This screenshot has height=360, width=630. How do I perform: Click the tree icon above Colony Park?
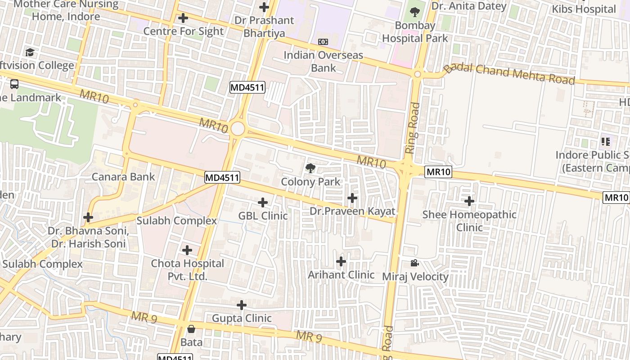click(310, 169)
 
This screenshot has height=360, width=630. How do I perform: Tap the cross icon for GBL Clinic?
click(263, 202)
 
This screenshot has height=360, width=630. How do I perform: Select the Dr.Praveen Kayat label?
click(352, 211)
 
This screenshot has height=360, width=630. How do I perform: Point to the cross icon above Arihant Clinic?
click(341, 261)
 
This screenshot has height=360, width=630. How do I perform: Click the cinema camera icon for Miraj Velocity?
click(414, 263)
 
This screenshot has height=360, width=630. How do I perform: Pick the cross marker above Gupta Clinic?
click(242, 305)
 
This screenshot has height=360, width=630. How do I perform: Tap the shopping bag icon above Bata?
click(191, 329)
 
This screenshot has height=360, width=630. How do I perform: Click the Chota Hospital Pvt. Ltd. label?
click(187, 270)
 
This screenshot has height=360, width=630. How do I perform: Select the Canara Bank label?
click(123, 177)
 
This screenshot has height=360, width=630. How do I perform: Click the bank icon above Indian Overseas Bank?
click(323, 42)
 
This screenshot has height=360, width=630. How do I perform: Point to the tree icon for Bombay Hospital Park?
click(415, 12)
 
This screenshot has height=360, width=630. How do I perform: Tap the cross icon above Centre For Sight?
click(183, 18)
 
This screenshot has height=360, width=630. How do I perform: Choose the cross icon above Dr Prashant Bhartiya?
click(264, 7)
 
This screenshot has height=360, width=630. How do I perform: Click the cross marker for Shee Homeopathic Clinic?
click(469, 201)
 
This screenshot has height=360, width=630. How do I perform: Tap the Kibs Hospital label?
click(584, 9)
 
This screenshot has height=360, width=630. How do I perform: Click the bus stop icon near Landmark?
click(14, 84)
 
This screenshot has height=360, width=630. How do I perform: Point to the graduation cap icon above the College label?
click(30, 53)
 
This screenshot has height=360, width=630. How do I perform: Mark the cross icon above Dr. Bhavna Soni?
click(88, 218)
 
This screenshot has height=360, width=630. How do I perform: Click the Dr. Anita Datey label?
click(469, 6)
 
